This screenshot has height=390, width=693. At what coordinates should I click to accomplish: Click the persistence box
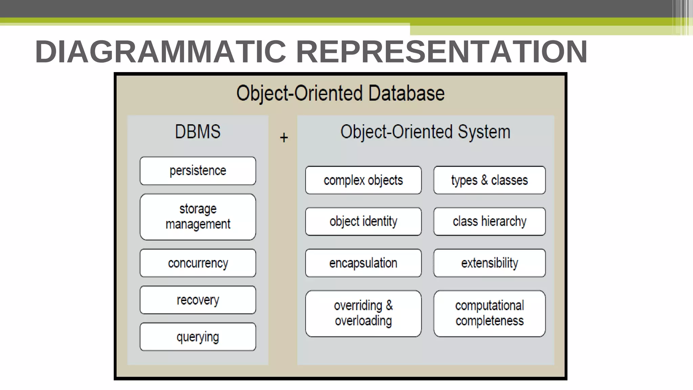click(x=198, y=171)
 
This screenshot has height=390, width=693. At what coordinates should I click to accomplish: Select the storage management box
click(x=198, y=217)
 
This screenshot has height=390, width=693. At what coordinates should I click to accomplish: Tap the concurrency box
click(x=198, y=263)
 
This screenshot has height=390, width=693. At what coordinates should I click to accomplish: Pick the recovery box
click(x=198, y=300)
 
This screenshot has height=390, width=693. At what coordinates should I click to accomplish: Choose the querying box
click(x=198, y=337)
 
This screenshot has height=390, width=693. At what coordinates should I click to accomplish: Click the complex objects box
click(x=363, y=180)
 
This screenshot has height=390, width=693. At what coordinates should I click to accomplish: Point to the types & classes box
click(x=489, y=180)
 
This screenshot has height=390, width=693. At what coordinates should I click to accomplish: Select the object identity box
click(x=363, y=221)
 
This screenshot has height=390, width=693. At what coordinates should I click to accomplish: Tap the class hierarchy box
click(x=489, y=221)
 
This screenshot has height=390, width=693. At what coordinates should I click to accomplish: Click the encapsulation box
click(x=363, y=263)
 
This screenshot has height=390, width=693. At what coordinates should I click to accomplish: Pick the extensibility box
click(x=489, y=263)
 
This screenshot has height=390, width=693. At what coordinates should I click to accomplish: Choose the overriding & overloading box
click(x=363, y=313)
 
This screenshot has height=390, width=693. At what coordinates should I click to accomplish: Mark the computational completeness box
click(x=489, y=313)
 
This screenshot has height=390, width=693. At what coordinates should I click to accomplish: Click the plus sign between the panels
click(x=284, y=138)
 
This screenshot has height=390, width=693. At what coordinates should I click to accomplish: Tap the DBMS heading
click(x=198, y=132)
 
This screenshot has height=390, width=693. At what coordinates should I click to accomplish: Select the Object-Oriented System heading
click(x=425, y=132)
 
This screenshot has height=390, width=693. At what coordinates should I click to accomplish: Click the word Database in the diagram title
click(x=406, y=93)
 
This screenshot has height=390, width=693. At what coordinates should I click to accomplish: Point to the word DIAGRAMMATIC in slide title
click(x=161, y=52)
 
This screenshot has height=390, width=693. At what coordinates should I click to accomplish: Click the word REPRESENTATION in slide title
click(x=442, y=52)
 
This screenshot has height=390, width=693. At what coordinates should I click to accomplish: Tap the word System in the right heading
click(x=484, y=132)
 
